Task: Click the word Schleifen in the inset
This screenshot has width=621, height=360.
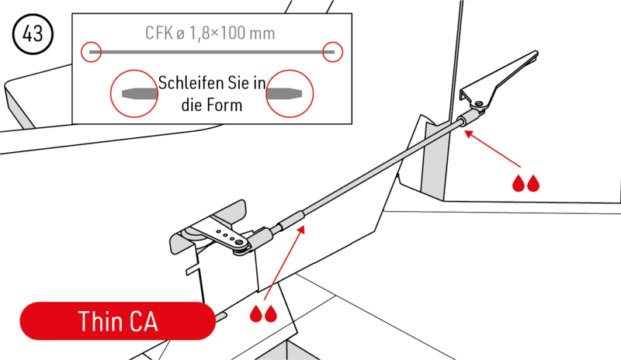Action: pos(186,82)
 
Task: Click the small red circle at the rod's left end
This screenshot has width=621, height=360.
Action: pos(92,52)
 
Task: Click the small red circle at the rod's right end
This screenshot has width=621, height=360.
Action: pos(333,52)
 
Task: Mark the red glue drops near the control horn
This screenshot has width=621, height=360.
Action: pos(526,184)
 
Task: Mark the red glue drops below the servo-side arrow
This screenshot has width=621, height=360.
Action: pos(262,314)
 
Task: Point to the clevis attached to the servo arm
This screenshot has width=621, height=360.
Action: pos(261,236)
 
